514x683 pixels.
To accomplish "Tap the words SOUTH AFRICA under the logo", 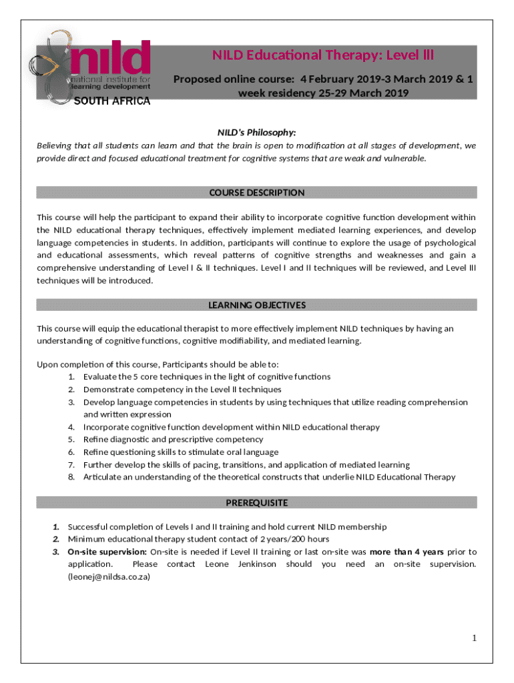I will point(111,101).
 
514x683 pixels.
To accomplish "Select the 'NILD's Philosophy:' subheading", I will point(257,133).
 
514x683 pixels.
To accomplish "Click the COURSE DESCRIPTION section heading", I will point(257,193).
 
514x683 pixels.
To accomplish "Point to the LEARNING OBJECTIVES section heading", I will point(257,305).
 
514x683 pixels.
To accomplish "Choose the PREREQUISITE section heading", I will point(257,502).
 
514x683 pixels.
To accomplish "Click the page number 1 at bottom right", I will point(474,638).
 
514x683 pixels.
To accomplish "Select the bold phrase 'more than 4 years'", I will point(407,552).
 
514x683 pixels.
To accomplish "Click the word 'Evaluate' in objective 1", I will point(99,377).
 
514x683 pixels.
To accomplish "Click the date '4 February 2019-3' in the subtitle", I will point(340,80).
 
